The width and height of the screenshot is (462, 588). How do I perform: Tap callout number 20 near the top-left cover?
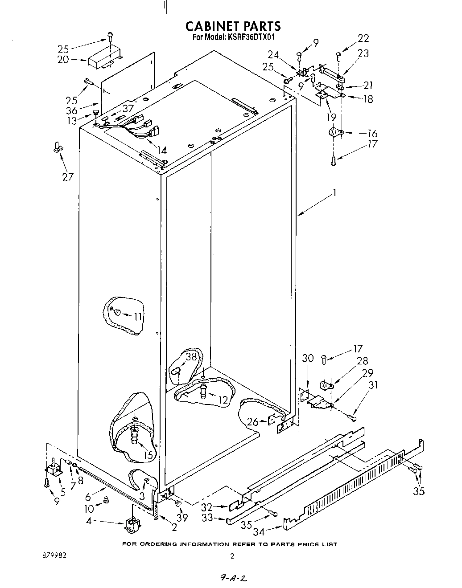click(x=63, y=60)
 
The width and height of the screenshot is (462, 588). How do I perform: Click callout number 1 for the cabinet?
click(x=334, y=192)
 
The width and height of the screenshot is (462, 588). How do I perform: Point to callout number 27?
click(x=68, y=176)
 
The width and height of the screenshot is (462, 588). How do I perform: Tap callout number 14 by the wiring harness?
click(x=161, y=151)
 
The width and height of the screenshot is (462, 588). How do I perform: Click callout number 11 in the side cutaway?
click(x=139, y=317)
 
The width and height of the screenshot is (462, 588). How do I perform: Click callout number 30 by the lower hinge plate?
click(x=308, y=358)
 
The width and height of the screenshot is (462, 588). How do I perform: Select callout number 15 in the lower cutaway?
click(x=148, y=455)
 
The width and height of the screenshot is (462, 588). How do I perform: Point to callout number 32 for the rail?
click(x=207, y=506)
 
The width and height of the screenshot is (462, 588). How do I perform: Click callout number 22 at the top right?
click(x=363, y=39)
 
